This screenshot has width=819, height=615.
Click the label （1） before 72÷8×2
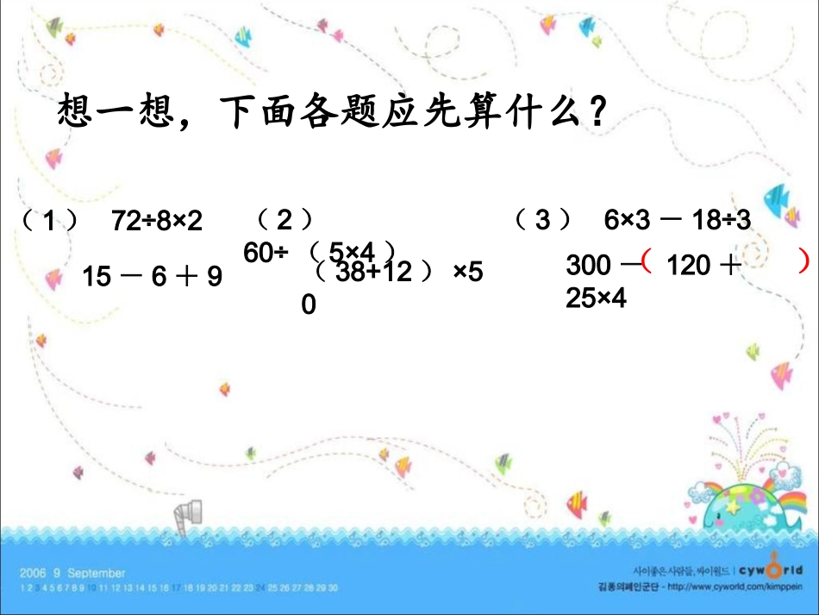point(48,222)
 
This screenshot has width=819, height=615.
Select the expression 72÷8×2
point(157,222)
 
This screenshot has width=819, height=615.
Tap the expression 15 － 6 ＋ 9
point(153,276)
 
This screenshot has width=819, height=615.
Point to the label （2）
point(284,220)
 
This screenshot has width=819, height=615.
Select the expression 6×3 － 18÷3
point(678,221)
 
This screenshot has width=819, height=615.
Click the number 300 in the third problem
point(589,266)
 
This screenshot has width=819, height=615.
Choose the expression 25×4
point(596,298)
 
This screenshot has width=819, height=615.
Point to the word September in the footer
point(96,573)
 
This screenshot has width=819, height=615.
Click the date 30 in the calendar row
point(332,587)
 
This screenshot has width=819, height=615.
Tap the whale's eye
point(718,516)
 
